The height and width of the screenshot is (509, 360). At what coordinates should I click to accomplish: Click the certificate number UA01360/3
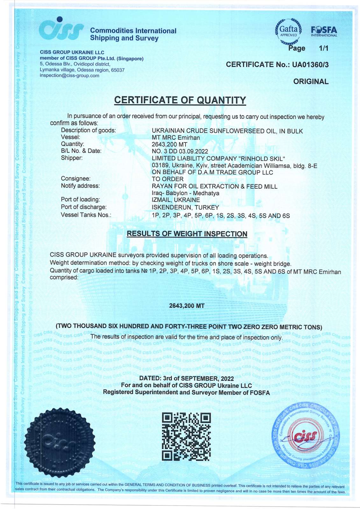[x=310, y=65]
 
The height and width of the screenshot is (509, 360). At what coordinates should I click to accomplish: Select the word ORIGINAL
[x=311, y=81]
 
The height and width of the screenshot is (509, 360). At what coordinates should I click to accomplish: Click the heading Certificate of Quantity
[x=180, y=100]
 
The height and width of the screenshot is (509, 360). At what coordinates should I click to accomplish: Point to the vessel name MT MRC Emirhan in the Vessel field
[x=176, y=138]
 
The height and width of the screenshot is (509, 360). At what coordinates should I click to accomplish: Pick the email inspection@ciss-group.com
[x=69, y=76]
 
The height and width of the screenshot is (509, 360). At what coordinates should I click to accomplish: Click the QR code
[x=186, y=436]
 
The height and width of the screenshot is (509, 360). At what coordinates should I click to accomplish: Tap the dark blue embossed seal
[x=62, y=442]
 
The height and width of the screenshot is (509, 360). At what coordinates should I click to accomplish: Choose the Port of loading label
[x=80, y=200]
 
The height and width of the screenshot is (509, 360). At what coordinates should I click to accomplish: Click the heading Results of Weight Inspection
[x=187, y=234]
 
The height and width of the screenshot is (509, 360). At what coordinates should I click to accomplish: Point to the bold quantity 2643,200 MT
[x=187, y=306]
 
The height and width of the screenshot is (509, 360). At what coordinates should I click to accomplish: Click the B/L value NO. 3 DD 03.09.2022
[x=180, y=151]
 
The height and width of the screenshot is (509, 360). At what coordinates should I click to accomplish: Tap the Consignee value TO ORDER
[x=167, y=179]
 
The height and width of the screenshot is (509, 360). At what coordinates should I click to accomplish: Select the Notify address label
[x=80, y=186]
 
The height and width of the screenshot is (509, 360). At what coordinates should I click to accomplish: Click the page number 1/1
[x=323, y=48]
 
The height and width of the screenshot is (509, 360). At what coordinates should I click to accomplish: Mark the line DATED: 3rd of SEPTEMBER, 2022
[x=187, y=379]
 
